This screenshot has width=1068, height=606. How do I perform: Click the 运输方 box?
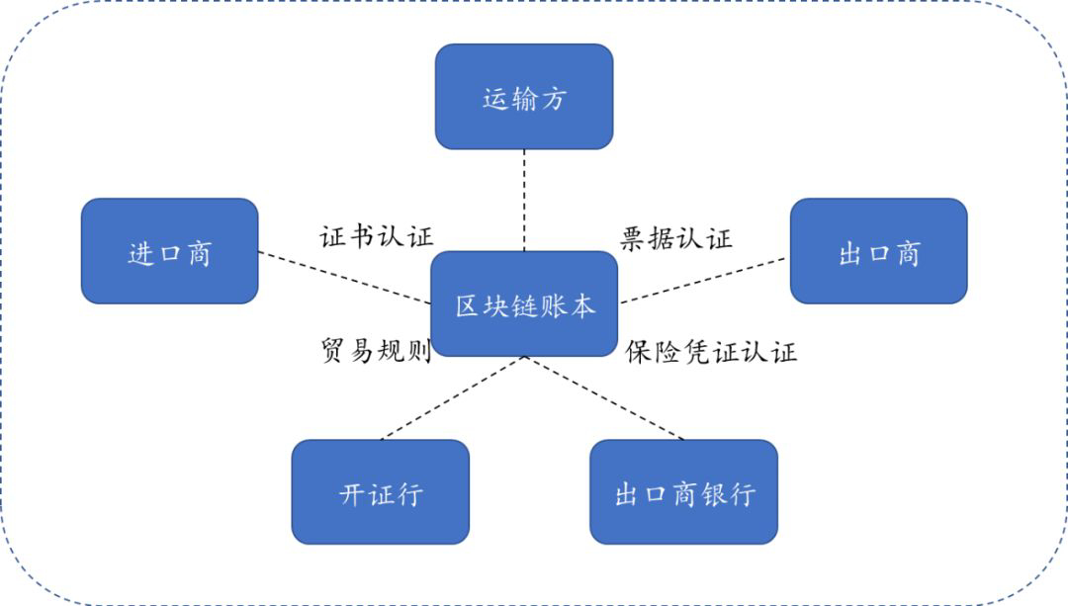[x=524, y=97]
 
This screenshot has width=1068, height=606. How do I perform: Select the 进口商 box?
[x=169, y=251]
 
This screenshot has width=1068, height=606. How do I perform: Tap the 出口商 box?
[x=878, y=251]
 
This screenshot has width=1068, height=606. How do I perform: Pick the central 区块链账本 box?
[x=524, y=304]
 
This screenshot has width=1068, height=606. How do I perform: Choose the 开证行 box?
[x=380, y=491]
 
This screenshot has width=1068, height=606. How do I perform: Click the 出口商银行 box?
[x=683, y=491]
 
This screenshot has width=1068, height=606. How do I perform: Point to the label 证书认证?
[x=377, y=236]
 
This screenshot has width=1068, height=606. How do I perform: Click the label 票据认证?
[x=676, y=238]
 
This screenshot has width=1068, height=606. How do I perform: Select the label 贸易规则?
[x=376, y=351]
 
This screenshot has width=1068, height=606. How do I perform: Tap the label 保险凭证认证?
[x=711, y=352]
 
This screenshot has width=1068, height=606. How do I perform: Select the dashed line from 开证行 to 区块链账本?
[x=451, y=398]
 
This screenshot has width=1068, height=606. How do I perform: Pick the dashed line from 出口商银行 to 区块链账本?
[x=605, y=398]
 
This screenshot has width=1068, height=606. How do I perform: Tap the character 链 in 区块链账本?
[x=525, y=305]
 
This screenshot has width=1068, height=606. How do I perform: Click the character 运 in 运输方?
[x=495, y=99]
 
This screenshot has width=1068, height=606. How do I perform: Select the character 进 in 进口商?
[x=142, y=253]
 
